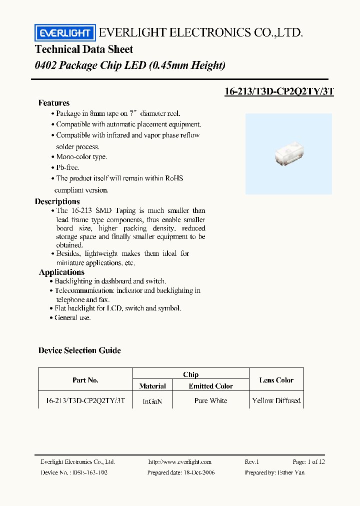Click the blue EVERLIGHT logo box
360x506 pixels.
tap(64, 33)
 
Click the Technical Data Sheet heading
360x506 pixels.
tap(84, 49)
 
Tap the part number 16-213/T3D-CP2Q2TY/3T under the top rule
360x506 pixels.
tap(279, 91)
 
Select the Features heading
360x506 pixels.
tap(54, 103)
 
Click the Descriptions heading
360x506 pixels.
tap(57, 201)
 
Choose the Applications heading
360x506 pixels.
tap(61, 272)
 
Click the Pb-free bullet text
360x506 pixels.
tap(67, 167)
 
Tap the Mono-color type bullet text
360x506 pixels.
tap(81, 156)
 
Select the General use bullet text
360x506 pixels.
tap(72, 317)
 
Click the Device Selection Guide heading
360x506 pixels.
tap(79, 350)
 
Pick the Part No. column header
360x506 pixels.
tap(85, 380)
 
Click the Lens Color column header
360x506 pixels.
tap(276, 380)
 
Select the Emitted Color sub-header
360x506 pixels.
tap(211, 386)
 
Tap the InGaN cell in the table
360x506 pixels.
tap(152, 401)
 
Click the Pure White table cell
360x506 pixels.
tap(211, 400)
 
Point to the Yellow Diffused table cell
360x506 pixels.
tap(276, 400)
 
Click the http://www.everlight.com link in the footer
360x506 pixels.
tap(180, 462)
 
